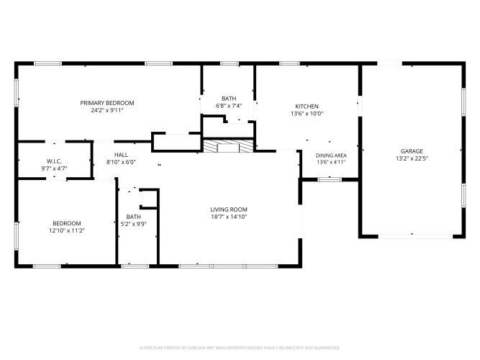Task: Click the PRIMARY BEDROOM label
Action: tap(107, 103)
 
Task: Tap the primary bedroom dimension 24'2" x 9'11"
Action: tap(107, 110)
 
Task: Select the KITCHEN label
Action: tap(307, 107)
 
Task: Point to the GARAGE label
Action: tap(412, 151)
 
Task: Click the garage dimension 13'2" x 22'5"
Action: tap(412, 158)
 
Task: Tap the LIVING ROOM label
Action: tap(229, 210)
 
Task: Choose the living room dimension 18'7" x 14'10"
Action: tap(229, 217)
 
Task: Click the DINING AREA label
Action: tap(331, 156)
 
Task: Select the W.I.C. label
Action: tap(54, 161)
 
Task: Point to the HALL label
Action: tap(121, 155)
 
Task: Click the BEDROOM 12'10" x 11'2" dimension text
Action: tap(67, 230)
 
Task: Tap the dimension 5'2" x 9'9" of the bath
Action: tap(133, 224)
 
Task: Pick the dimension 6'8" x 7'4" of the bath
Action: tap(229, 106)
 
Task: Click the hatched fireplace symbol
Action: tap(228, 146)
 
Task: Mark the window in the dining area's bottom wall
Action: tap(330, 179)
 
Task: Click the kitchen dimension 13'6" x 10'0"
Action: tap(307, 114)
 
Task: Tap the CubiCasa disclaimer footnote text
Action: tap(240, 348)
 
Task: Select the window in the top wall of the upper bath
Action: tap(230, 63)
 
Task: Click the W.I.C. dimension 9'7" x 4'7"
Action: tap(54, 168)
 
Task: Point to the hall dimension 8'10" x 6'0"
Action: tap(121, 162)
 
